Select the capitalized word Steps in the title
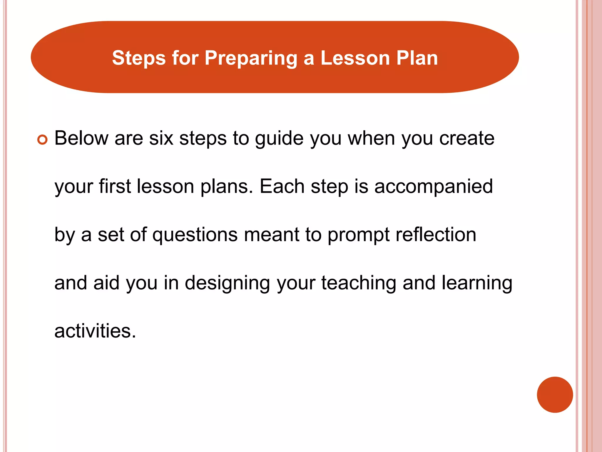pos(139,58)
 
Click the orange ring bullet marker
pos(42,139)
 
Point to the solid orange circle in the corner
pos(555,395)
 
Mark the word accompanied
pos(434,187)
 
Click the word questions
pos(195,235)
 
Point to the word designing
pos(227,283)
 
